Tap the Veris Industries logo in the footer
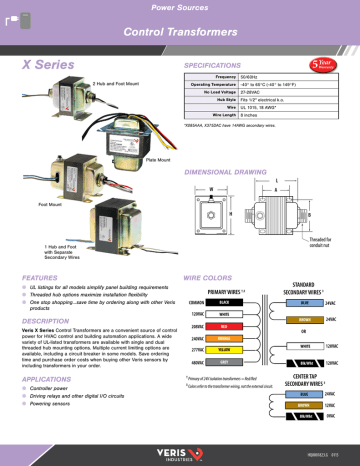[x=181, y=452]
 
